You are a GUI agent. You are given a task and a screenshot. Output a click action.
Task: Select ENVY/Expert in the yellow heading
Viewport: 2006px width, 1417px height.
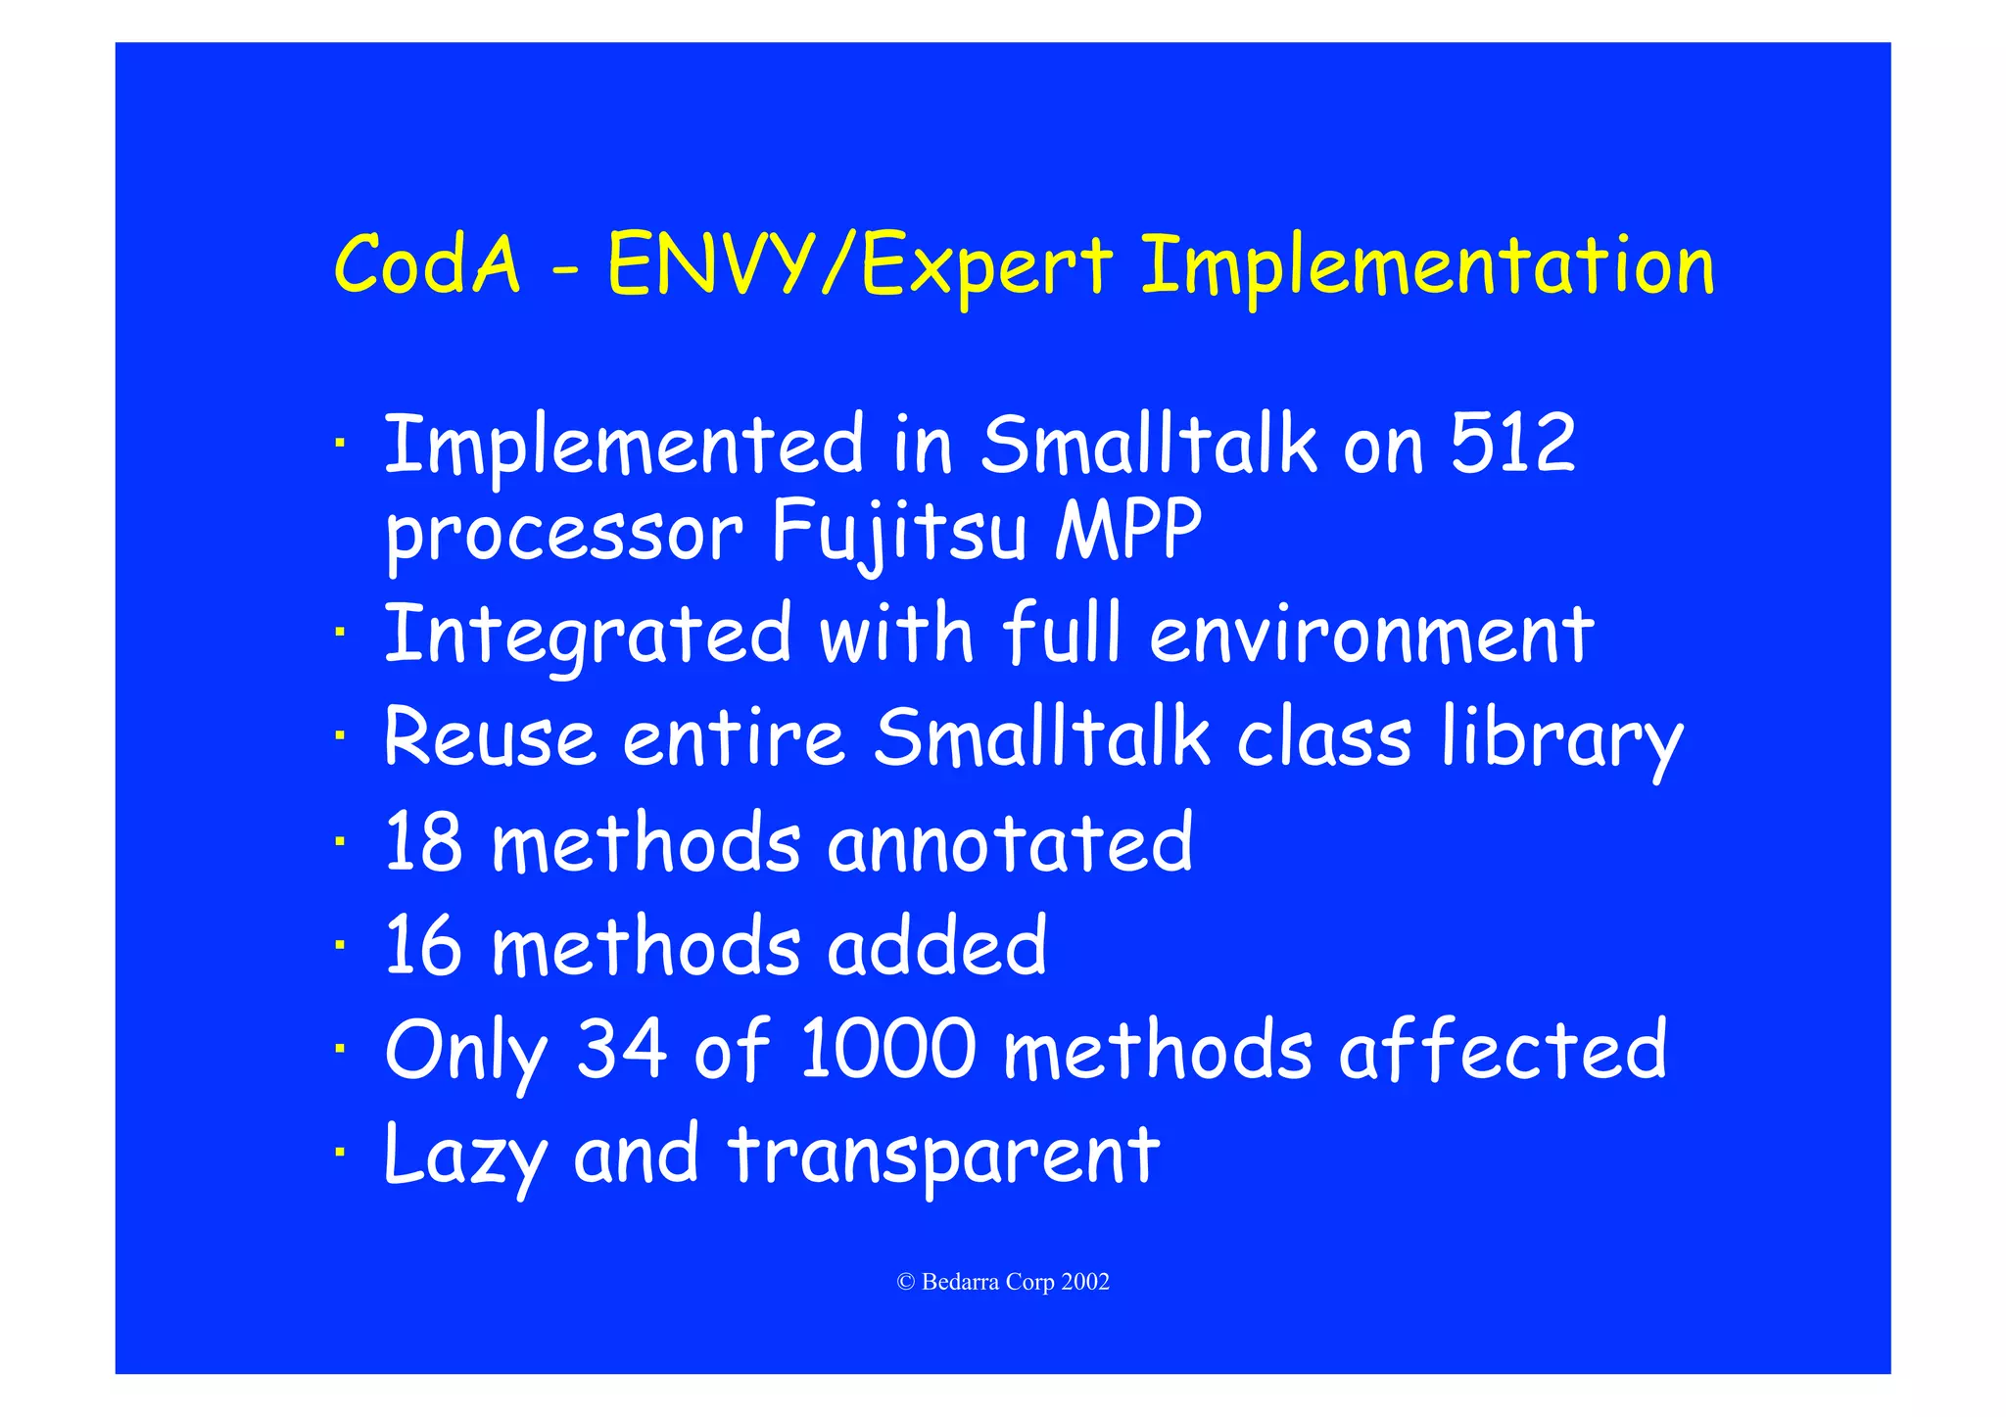(860, 266)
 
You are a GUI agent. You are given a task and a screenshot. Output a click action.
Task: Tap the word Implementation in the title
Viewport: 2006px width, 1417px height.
(1427, 266)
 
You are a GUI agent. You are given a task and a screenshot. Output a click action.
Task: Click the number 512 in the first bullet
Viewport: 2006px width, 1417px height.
(1512, 444)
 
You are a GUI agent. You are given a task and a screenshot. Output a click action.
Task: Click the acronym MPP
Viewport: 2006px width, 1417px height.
(1128, 530)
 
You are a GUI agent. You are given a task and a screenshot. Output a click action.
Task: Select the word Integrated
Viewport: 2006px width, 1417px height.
(588, 636)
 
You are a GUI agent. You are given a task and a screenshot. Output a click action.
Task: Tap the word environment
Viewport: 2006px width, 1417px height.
(1371, 636)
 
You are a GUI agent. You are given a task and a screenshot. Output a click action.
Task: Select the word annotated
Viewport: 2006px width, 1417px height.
(1010, 843)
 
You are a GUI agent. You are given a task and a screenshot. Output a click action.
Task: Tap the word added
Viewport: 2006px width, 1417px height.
(937, 945)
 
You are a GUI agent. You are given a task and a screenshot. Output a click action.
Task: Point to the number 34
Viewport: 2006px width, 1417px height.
(622, 1049)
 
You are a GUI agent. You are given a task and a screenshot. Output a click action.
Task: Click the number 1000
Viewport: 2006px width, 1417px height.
(888, 1049)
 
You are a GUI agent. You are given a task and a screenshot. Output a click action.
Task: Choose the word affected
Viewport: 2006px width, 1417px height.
(1503, 1049)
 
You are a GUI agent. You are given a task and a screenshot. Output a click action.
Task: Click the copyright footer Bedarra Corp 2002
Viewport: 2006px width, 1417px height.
(1003, 1282)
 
